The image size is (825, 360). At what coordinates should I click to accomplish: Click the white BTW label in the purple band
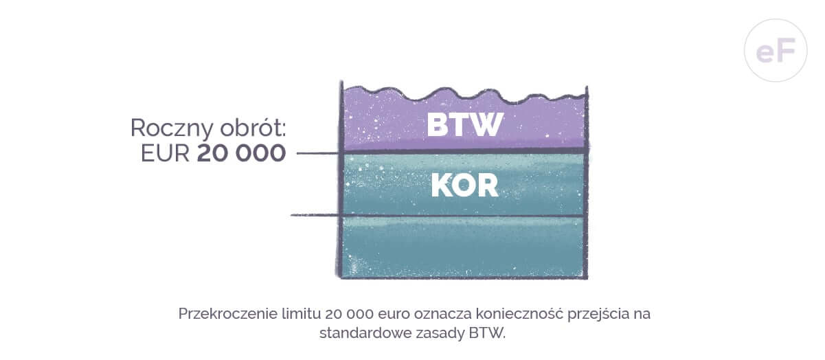465,124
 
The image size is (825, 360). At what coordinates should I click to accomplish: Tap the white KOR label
465,186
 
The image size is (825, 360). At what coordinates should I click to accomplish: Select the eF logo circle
776,50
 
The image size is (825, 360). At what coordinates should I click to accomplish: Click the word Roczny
172,128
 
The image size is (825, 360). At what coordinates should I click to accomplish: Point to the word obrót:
253,128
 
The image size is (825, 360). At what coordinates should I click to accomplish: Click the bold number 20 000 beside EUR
242,153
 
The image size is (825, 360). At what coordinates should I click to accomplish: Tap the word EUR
165,153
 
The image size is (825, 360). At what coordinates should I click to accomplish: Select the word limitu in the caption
302,314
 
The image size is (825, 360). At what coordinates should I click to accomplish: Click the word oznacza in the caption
443,314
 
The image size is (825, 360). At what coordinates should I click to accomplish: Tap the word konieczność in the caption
520,314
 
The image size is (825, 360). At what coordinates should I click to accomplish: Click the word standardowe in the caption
365,333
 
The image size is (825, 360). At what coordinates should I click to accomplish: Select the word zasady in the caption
440,334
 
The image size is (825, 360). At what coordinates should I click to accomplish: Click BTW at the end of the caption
487,333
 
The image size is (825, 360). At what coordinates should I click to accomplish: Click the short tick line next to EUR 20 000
317,153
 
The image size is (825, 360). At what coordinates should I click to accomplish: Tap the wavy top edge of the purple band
464,94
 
